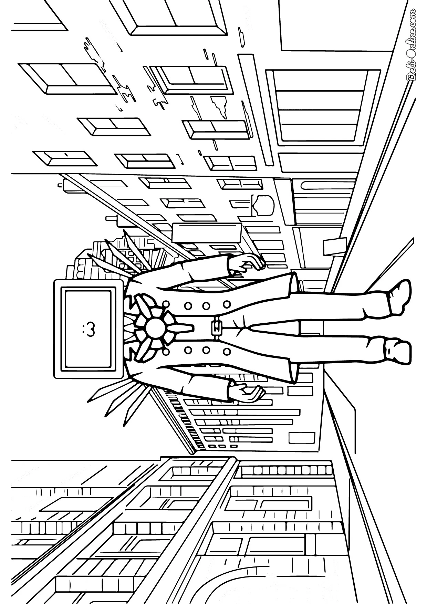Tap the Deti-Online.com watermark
click(412, 45)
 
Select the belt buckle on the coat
click(216, 325)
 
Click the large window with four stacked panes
click(321, 107)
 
